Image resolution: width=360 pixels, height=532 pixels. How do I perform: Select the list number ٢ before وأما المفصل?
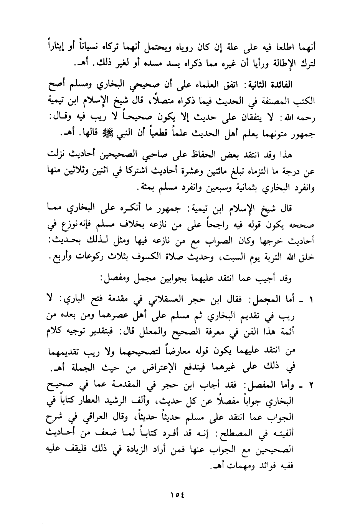coord(312,387)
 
